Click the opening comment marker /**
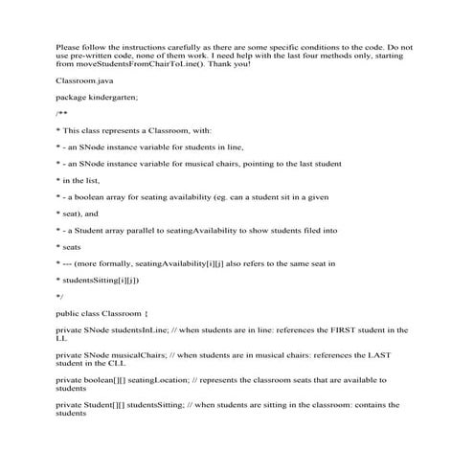coord(60,113)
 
